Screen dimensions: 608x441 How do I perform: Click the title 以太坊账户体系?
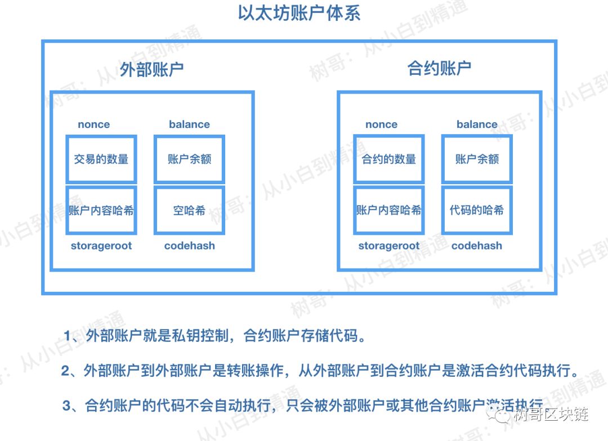pos(299,13)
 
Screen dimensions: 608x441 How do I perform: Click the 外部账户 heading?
pos(152,69)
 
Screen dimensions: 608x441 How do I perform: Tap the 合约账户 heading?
pos(440,69)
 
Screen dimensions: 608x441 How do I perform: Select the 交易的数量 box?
pos(101,159)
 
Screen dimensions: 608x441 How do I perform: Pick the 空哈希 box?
pos(189,211)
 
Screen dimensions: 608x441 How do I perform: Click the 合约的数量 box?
pos(389,159)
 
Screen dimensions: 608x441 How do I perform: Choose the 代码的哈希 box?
pos(477,211)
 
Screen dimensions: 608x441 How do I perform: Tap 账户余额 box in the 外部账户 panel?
pos(189,159)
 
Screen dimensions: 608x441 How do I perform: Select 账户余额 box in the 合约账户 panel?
pos(477,159)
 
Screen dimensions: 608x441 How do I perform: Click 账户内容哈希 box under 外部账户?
pos(101,211)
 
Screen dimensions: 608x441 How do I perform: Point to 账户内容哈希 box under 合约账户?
pos(389,211)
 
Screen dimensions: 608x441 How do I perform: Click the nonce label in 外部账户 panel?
pos(94,124)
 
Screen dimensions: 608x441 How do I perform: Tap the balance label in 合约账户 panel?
pos(477,124)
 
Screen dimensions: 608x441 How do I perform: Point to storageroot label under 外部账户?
pos(101,246)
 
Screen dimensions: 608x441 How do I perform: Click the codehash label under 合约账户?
pos(477,246)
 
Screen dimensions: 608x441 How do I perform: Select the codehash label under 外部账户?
pos(190,246)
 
